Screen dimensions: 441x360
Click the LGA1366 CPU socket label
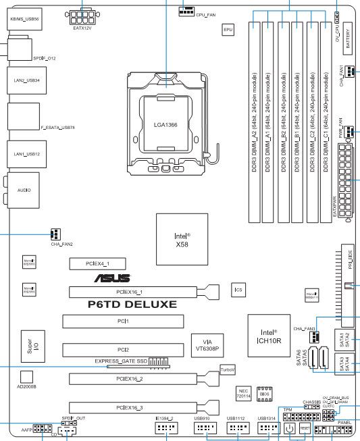pyautogui.click(x=166, y=125)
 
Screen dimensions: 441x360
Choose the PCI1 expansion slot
pyautogui.click(x=122, y=321)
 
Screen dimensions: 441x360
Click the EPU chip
pyautogui.click(x=228, y=30)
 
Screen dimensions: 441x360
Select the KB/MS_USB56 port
pyautogui.click(x=25, y=20)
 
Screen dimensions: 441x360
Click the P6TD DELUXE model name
pyautogui.click(x=132, y=305)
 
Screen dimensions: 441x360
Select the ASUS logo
pyautogui.click(x=113, y=278)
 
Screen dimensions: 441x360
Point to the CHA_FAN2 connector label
pyautogui.click(x=61, y=244)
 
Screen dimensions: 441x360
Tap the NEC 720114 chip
pyautogui.click(x=245, y=394)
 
